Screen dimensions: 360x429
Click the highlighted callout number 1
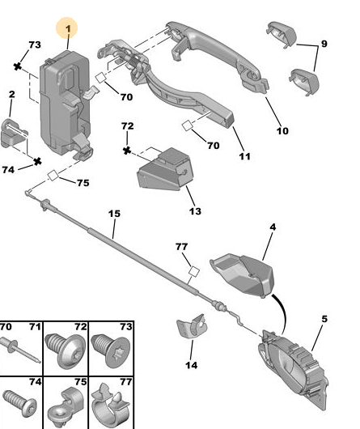tap(68, 28)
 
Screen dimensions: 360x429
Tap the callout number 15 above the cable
tap(114, 214)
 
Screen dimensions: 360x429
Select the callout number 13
tap(195, 211)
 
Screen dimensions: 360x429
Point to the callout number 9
tap(324, 44)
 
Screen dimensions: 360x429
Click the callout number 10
tap(282, 131)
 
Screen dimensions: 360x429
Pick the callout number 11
tap(244, 156)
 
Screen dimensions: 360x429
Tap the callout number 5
tap(324, 319)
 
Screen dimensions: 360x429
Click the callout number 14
tap(192, 365)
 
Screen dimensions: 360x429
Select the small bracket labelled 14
tap(192, 327)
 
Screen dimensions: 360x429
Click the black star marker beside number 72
tap(127, 151)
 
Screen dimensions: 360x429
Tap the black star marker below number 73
tap(18, 66)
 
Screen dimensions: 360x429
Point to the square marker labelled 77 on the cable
tap(194, 272)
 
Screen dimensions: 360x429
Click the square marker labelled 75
tap(53, 176)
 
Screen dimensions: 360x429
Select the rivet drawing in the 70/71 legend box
tap(20, 350)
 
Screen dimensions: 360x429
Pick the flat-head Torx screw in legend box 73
tap(111, 351)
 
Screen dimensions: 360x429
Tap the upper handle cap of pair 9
tap(281, 35)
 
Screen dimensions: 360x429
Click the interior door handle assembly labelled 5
tap(294, 369)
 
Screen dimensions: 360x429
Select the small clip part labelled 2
tap(14, 134)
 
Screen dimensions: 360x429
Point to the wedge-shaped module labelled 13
tap(165, 169)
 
